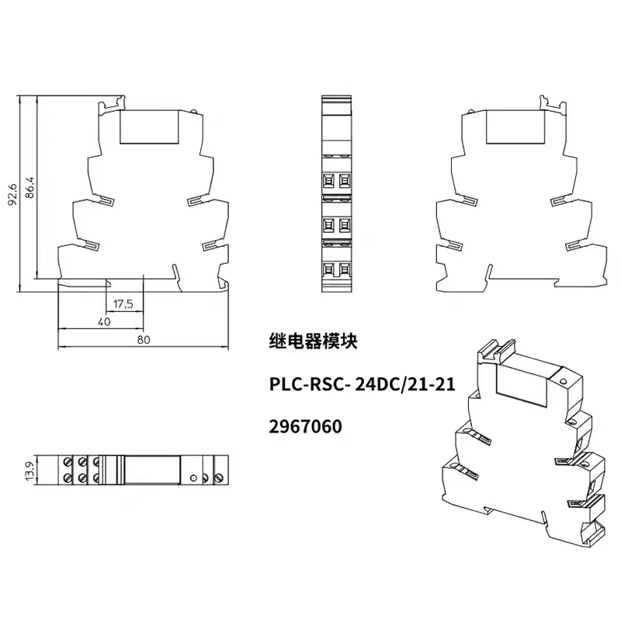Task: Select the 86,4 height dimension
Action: pyautogui.click(x=30, y=187)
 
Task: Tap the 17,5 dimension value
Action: pyautogui.click(x=123, y=304)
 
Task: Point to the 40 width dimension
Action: pyautogui.click(x=104, y=322)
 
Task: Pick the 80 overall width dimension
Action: pyautogui.click(x=144, y=340)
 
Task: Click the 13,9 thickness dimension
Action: pyautogui.click(x=30, y=470)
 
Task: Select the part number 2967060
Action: pyautogui.click(x=305, y=426)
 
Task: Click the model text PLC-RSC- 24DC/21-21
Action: pyautogui.click(x=362, y=384)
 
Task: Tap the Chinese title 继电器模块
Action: pyautogui.click(x=313, y=341)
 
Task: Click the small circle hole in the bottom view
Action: pyautogui.click(x=193, y=478)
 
